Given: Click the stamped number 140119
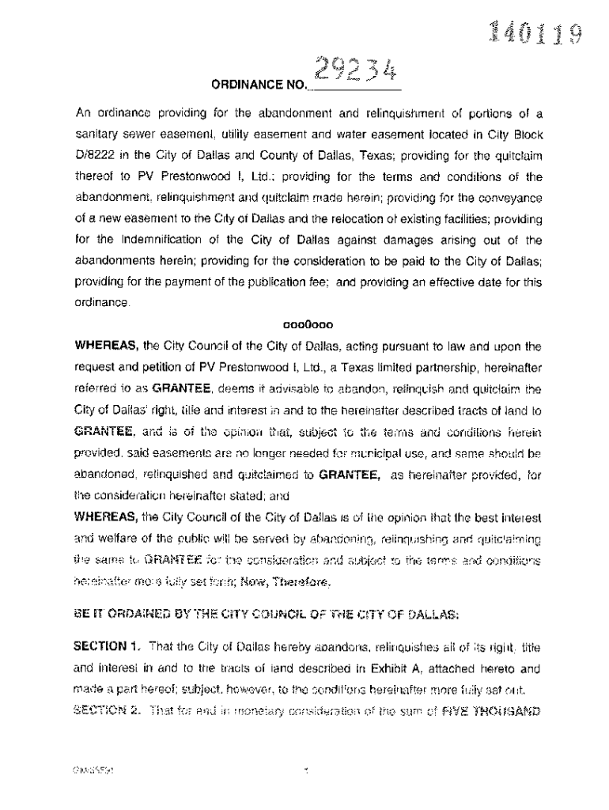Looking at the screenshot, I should point(537,34).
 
